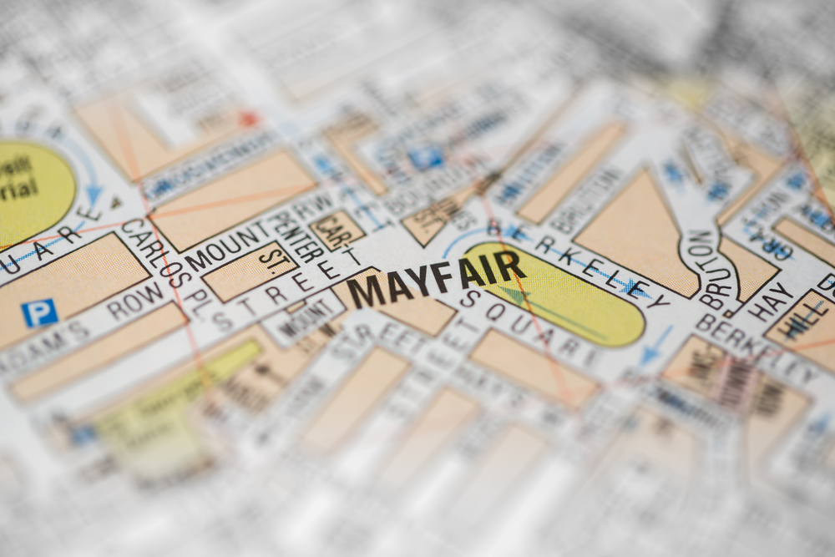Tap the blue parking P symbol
39,313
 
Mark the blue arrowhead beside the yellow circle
94,194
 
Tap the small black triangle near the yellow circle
115,202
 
